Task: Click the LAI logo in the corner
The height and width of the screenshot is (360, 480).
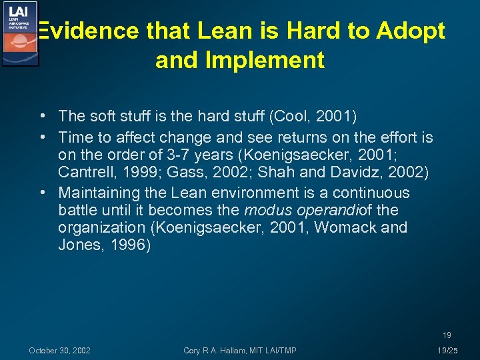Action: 19,33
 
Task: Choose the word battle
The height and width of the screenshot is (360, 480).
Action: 77,211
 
